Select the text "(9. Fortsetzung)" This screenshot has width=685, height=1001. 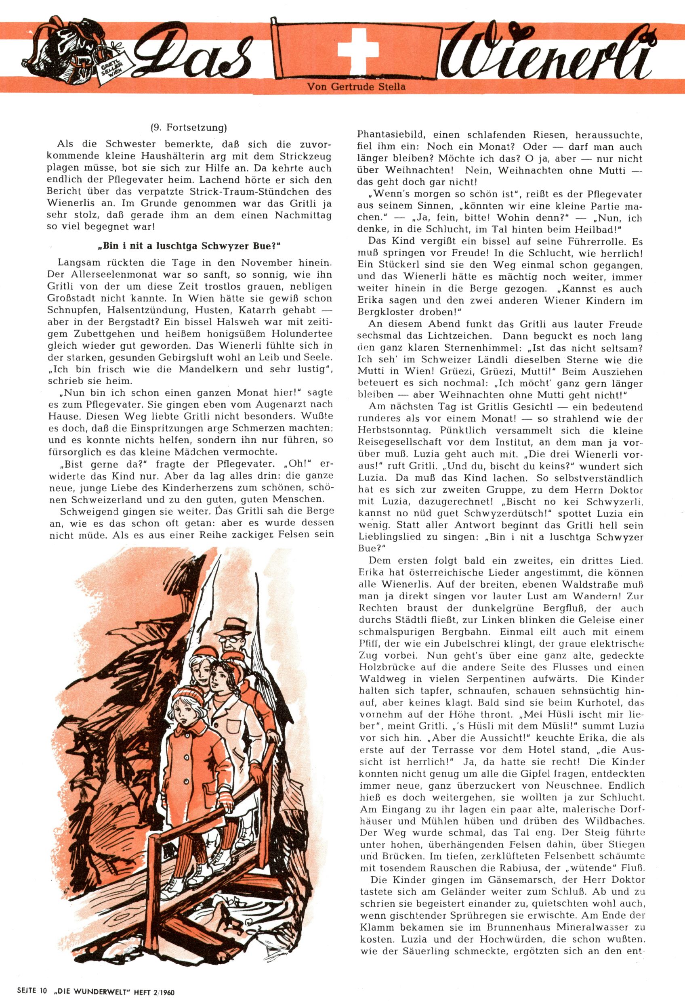pos(189,128)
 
